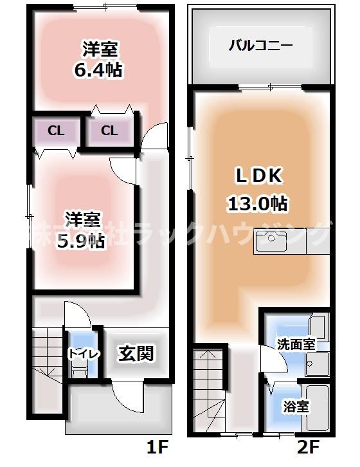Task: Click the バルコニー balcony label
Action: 261,46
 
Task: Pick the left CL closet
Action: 56,131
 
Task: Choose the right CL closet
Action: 109,131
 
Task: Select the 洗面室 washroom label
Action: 296,344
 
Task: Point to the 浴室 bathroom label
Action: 296,407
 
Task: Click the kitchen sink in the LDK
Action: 268,242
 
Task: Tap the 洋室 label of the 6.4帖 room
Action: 98,48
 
